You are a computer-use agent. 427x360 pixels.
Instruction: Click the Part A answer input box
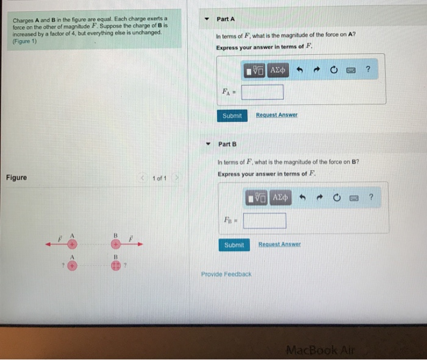pos(262,92)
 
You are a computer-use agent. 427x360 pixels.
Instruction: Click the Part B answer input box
pos(264,220)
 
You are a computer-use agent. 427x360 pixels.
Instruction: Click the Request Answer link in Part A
pos(276,115)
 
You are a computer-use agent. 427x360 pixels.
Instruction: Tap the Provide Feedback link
pos(226,274)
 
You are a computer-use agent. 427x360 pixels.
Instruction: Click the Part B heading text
pos(227,144)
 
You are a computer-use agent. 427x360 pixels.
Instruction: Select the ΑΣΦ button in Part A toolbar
pos(278,70)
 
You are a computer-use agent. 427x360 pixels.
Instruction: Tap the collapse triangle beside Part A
pos(207,19)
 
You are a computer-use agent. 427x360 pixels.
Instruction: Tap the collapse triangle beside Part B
pos(208,144)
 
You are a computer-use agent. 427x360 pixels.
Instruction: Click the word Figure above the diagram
pos(16,178)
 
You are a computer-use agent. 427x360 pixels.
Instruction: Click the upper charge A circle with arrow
pos(71,244)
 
